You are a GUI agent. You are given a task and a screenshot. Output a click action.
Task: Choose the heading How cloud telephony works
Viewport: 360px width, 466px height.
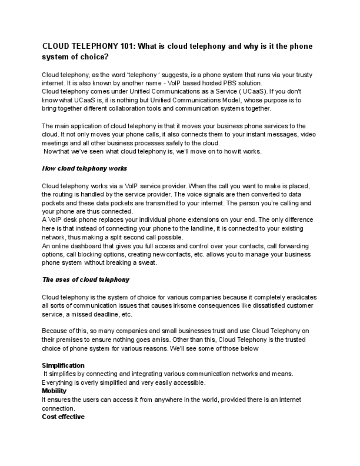pyautogui.click(x=85, y=168)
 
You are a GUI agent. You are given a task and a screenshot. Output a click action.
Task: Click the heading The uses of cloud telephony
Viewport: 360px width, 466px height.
pyautogui.click(x=86, y=279)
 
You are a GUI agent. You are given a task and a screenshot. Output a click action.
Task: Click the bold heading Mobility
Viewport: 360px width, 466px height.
pyautogui.click(x=54, y=391)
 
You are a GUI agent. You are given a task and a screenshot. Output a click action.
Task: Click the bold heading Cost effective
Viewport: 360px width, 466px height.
pyautogui.click(x=64, y=417)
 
